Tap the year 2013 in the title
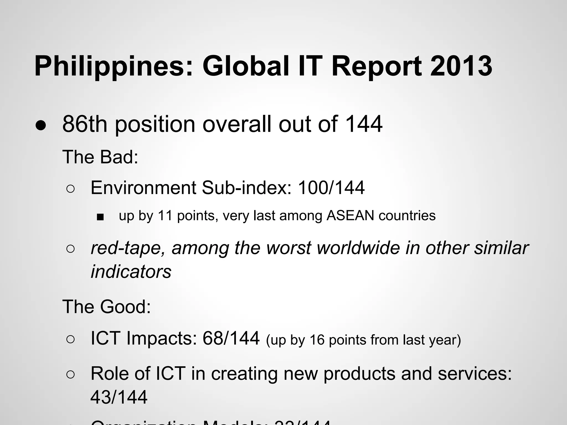[x=461, y=66]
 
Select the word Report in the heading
[x=376, y=67]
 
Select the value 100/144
[x=331, y=188]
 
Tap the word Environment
[x=143, y=188]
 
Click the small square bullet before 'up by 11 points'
[x=100, y=217]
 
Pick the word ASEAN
[x=350, y=216]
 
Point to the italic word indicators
[x=131, y=272]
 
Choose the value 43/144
[x=119, y=397]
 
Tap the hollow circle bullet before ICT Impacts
[x=71, y=340]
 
